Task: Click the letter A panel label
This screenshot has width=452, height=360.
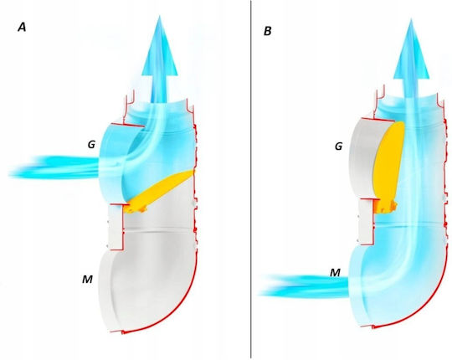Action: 22,28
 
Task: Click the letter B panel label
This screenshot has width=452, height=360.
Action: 268,31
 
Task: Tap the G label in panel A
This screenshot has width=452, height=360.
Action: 91,144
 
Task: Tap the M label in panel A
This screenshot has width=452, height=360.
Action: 87,279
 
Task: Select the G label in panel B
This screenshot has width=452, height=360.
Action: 338,147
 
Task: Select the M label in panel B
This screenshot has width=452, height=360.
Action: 335,272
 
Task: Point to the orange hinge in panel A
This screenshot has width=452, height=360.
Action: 136,209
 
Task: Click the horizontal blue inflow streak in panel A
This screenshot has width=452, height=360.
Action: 54,167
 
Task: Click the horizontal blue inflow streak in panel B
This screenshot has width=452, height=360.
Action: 304,286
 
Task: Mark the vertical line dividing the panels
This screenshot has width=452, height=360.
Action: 251,179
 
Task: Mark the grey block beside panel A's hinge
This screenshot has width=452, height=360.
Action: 116,227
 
